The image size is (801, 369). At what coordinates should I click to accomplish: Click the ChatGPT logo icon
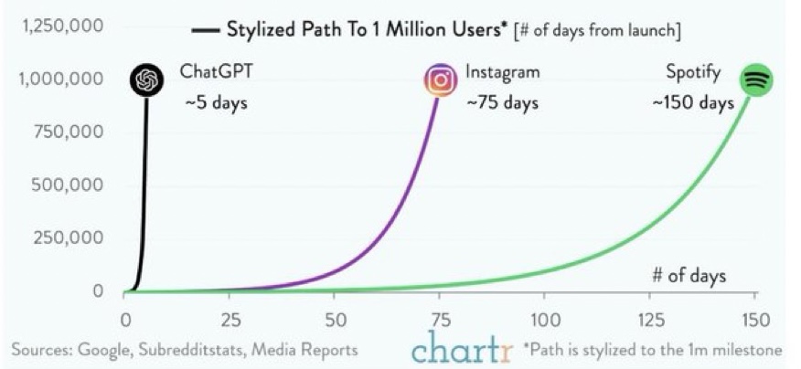tap(146, 80)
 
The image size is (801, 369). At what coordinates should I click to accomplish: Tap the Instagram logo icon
tap(441, 80)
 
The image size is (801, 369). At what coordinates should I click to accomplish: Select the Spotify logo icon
tap(755, 80)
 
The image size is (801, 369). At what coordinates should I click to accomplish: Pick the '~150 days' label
tap(693, 102)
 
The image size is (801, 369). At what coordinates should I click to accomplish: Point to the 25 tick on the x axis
tap(230, 320)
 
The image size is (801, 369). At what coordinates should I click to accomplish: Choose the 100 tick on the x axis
tap(544, 320)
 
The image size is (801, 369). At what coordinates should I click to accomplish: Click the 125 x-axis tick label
tap(649, 320)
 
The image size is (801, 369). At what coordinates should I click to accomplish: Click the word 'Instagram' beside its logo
tap(503, 71)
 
